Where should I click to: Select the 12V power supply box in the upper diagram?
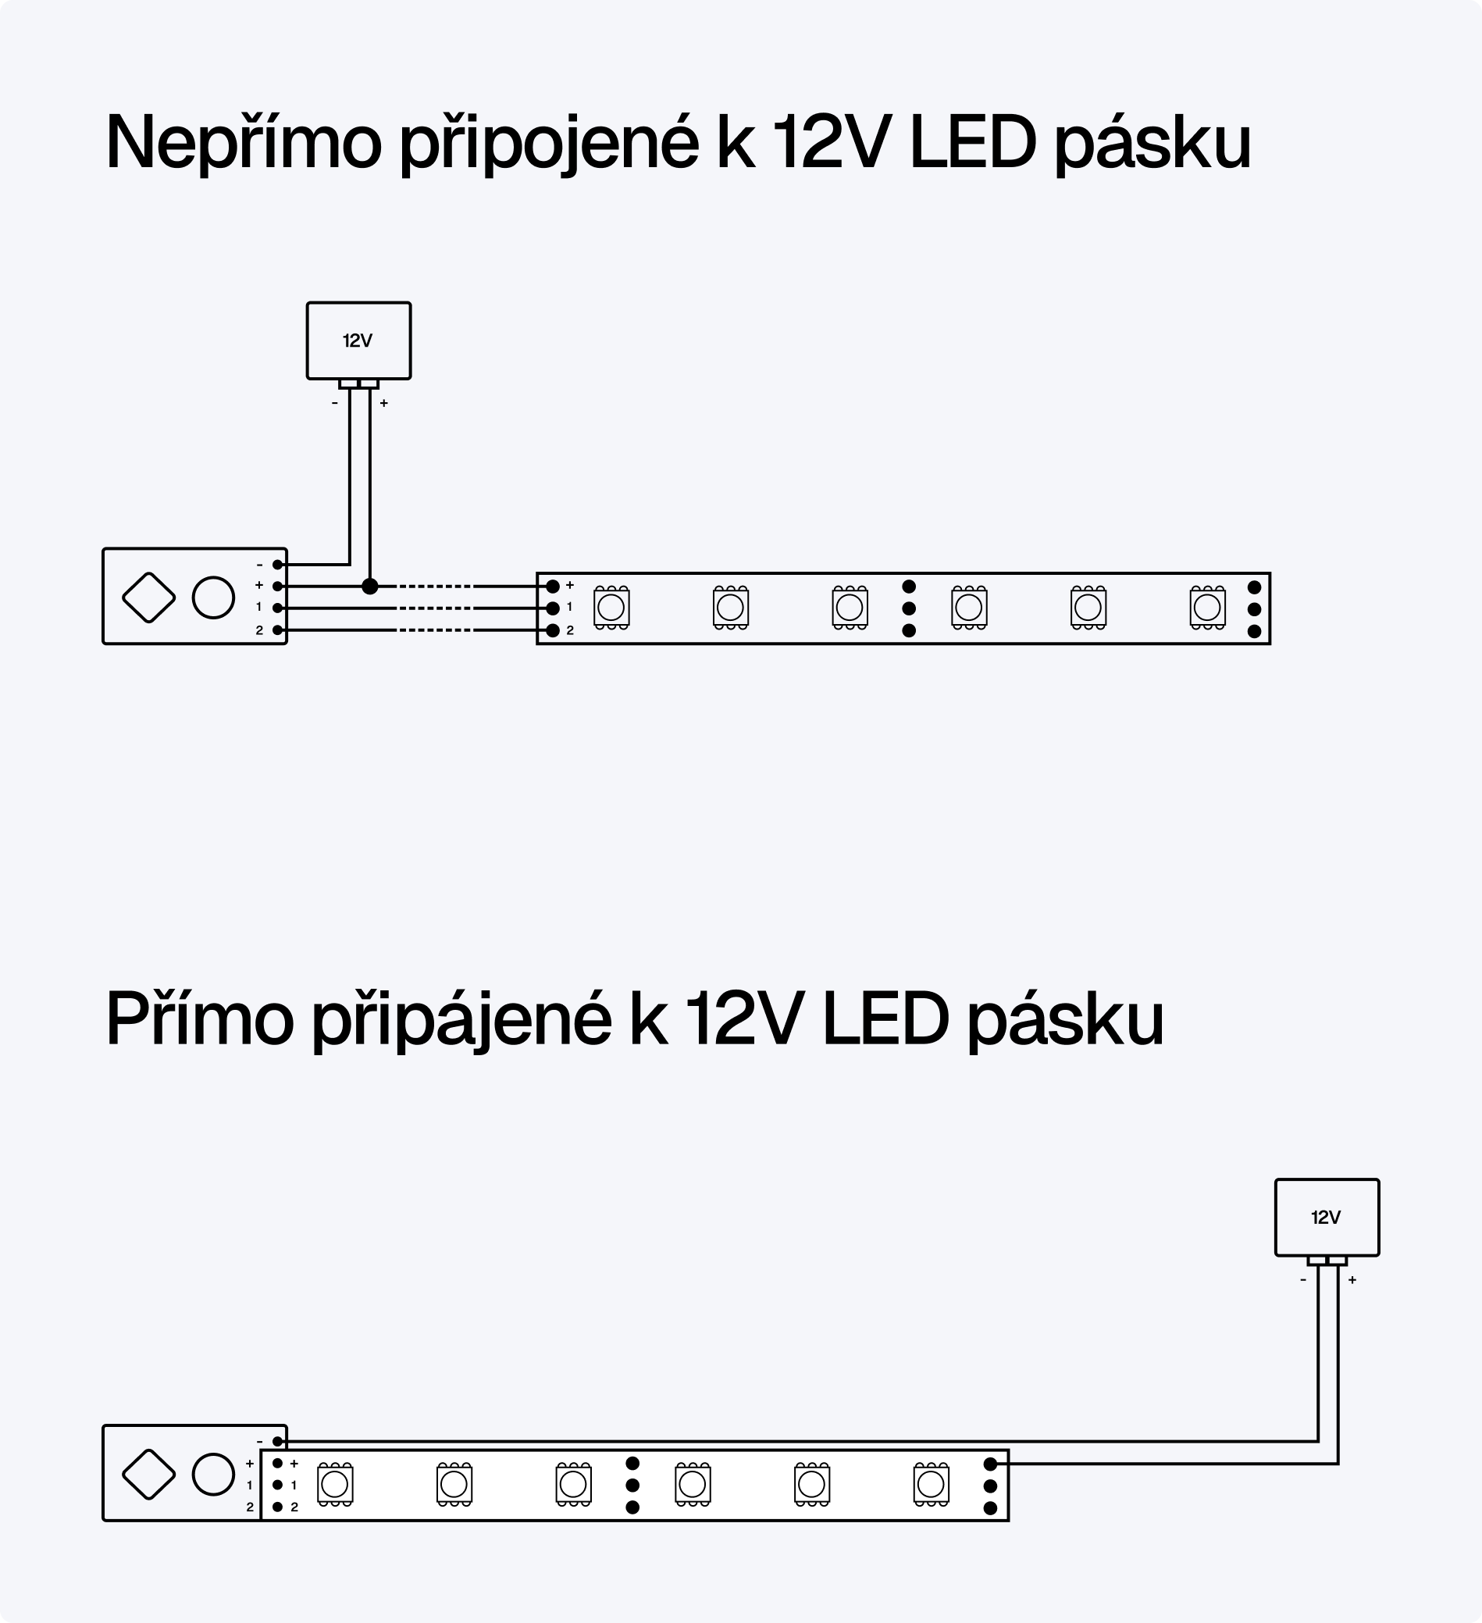pyautogui.click(x=358, y=341)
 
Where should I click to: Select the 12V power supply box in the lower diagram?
pyautogui.click(x=1327, y=1217)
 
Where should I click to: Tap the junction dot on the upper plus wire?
pyautogui.click(x=369, y=586)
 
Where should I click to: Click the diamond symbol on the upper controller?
pyautogui.click(x=149, y=597)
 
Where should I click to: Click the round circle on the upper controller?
pyautogui.click(x=213, y=597)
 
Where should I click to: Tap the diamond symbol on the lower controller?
pyautogui.click(x=149, y=1474)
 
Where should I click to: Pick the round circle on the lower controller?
pyautogui.click(x=213, y=1474)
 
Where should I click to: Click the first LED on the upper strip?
pyautogui.click(x=611, y=608)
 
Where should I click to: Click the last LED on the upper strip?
pyautogui.click(x=1206, y=608)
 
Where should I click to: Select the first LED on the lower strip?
pyautogui.click(x=335, y=1484)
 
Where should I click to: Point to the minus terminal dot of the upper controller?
pyautogui.click(x=278, y=565)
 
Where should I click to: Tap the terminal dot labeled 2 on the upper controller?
pyautogui.click(x=278, y=630)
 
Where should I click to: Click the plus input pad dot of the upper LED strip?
pyautogui.click(x=553, y=586)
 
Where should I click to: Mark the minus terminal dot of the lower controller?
pyautogui.click(x=278, y=1442)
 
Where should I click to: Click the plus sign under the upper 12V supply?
pyautogui.click(x=384, y=403)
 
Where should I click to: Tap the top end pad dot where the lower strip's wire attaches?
pyautogui.click(x=990, y=1464)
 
